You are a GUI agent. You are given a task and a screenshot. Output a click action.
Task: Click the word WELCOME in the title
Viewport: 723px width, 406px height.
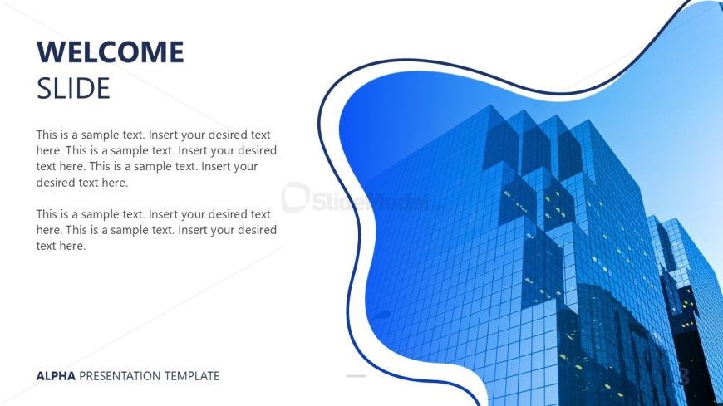(111, 51)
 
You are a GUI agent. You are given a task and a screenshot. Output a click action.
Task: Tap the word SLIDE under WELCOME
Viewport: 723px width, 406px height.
(73, 89)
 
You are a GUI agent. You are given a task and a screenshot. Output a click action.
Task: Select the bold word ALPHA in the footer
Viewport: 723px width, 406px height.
(56, 376)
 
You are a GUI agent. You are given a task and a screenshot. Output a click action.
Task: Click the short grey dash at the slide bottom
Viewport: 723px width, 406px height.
(356, 376)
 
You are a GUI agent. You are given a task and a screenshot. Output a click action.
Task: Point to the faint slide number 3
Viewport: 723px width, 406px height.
(684, 375)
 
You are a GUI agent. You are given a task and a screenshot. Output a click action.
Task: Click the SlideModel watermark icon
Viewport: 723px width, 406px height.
(295, 198)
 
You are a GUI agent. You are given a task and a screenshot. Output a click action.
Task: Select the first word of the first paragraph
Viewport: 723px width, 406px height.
(46, 135)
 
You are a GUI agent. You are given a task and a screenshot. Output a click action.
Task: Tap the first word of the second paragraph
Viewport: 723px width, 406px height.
(46, 214)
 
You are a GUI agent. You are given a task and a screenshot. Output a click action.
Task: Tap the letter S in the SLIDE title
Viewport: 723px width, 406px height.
(43, 89)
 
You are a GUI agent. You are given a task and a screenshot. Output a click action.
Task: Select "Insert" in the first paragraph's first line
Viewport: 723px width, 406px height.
(163, 135)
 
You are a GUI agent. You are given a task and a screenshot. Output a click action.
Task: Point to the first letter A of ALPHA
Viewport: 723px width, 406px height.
(40, 376)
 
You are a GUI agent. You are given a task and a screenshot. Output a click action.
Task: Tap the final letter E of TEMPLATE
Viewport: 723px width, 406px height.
(216, 376)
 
